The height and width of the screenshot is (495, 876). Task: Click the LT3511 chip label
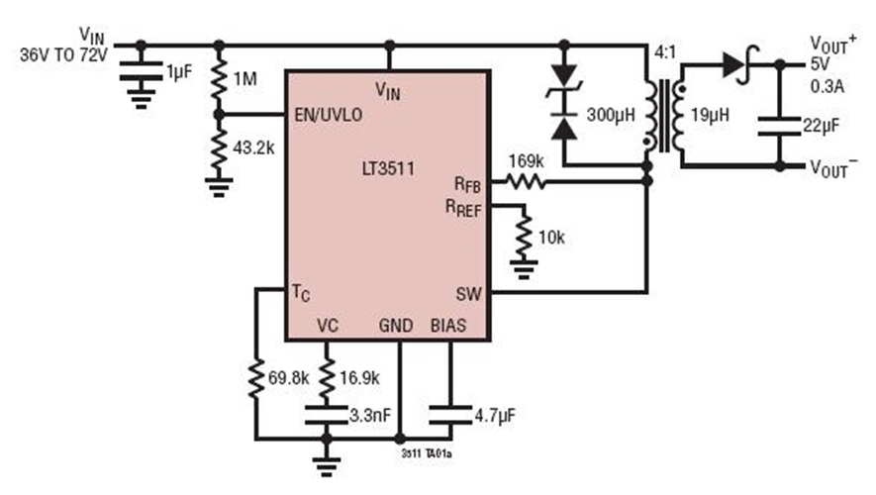pos(387,170)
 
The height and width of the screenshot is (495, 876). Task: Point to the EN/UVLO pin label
pos(329,115)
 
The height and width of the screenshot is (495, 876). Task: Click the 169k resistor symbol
pos(526,181)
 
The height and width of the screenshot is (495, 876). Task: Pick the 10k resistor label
pos(555,238)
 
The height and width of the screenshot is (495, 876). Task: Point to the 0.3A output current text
pos(827,87)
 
